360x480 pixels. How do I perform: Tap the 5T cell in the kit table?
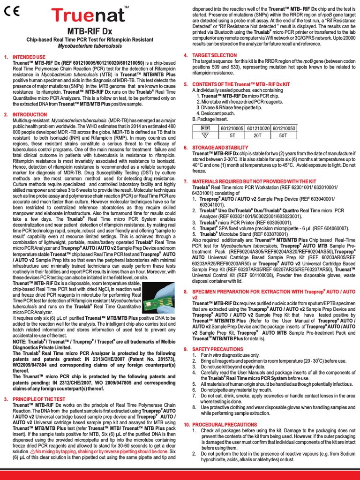[232, 135]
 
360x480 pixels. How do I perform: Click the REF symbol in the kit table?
[205, 128]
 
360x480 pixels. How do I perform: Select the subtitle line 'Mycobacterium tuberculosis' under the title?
[90, 46]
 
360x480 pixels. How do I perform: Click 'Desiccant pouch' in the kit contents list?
[216, 113]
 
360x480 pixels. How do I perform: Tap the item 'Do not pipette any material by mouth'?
[232, 390]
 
